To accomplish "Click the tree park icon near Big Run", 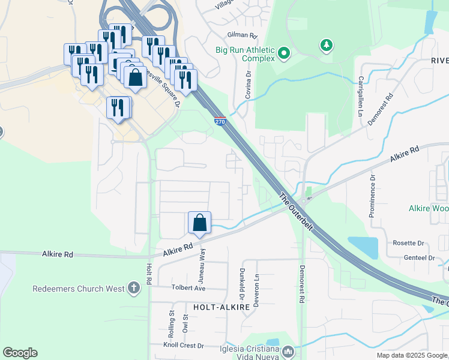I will [326, 45].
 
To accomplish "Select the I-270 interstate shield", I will [220, 121].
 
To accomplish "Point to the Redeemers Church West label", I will [79, 289].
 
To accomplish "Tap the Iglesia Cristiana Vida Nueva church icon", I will [288, 351].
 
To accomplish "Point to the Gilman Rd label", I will [242, 35].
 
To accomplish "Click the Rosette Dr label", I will [408, 243].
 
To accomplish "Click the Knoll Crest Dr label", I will [184, 346].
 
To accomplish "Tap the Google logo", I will [20, 353].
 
